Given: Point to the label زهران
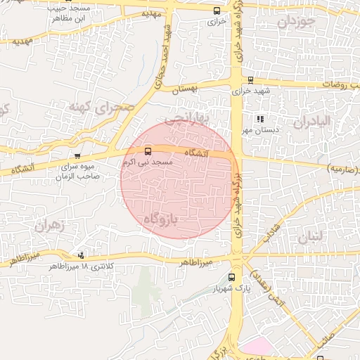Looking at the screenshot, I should coord(48,226).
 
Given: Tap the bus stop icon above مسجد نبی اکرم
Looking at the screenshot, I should coord(148,151).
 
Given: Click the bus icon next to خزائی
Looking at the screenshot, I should coord(216,11).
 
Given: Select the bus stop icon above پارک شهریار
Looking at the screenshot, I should coord(231,277).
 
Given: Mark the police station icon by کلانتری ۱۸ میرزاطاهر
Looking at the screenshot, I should coord(82,255).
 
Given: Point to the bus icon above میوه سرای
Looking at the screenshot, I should coord(77,156).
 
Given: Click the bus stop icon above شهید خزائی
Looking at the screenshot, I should coord(250,79).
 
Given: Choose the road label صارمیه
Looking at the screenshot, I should coord(343,169).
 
